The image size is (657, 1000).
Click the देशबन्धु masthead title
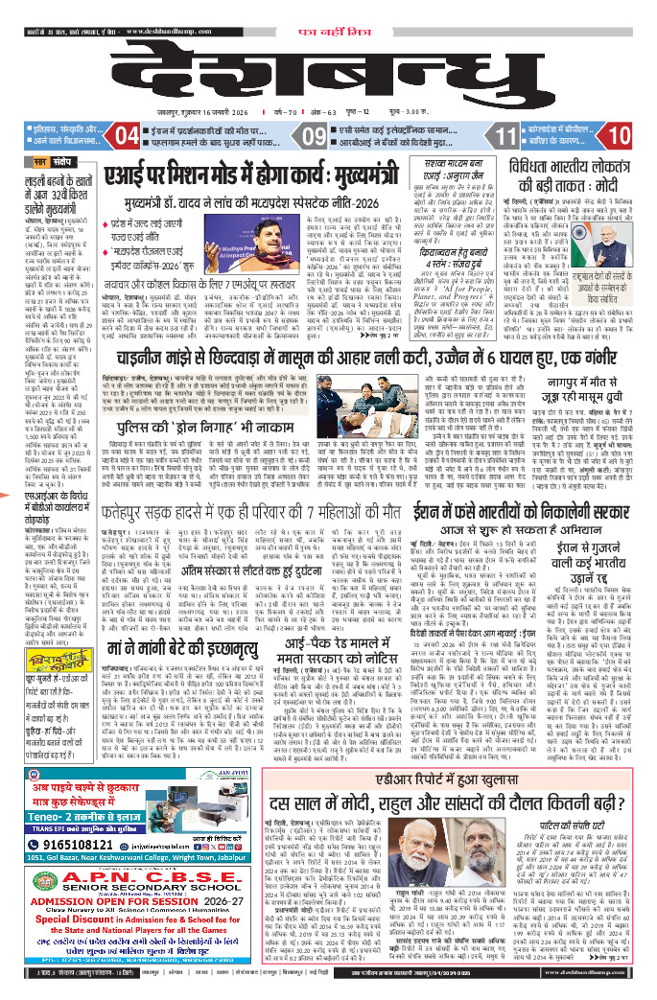coord(326,82)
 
